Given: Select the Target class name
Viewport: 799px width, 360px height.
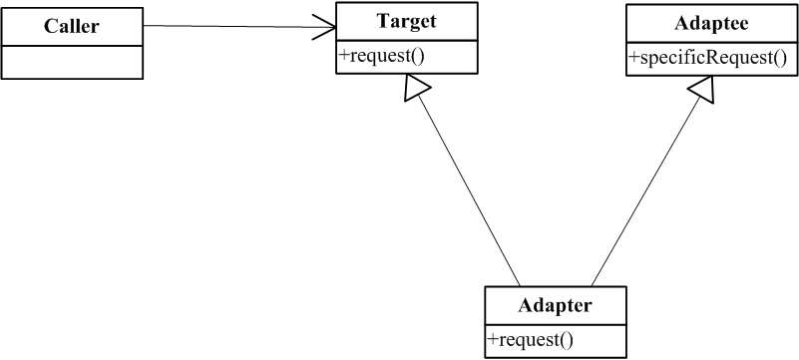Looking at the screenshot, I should (x=406, y=20).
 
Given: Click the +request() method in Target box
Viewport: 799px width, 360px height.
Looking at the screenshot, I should (x=383, y=55).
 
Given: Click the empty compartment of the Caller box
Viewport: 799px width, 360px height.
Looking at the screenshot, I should (x=71, y=63).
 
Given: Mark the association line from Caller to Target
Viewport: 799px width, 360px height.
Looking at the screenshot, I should (x=229, y=26).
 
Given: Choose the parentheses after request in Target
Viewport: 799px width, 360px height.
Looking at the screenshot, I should (x=419, y=56).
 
